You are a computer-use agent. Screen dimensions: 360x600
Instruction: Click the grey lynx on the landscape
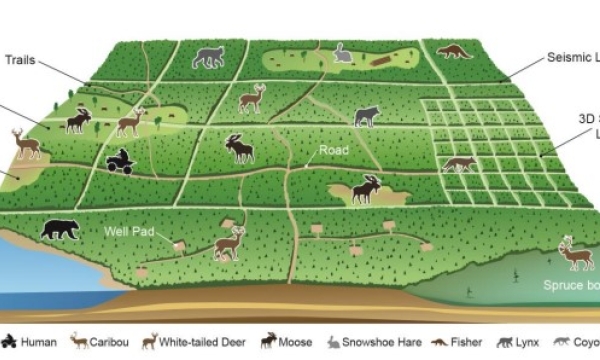coord(208,57)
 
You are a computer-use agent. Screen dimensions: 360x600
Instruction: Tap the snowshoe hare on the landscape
coord(342,56)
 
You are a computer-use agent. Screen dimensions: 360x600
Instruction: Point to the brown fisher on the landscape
coord(454,50)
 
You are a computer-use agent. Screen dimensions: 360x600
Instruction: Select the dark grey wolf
coord(366,116)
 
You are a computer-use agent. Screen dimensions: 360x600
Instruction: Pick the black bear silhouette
coord(60,228)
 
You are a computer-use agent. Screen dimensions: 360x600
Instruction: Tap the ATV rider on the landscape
coord(120,160)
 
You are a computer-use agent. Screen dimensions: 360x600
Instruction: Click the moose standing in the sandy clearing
coord(366,188)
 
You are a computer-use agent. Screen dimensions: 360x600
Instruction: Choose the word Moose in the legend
coord(295,341)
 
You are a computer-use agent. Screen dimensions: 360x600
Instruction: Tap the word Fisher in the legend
coord(466,341)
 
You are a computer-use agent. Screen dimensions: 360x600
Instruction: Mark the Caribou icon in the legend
coord(77,341)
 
